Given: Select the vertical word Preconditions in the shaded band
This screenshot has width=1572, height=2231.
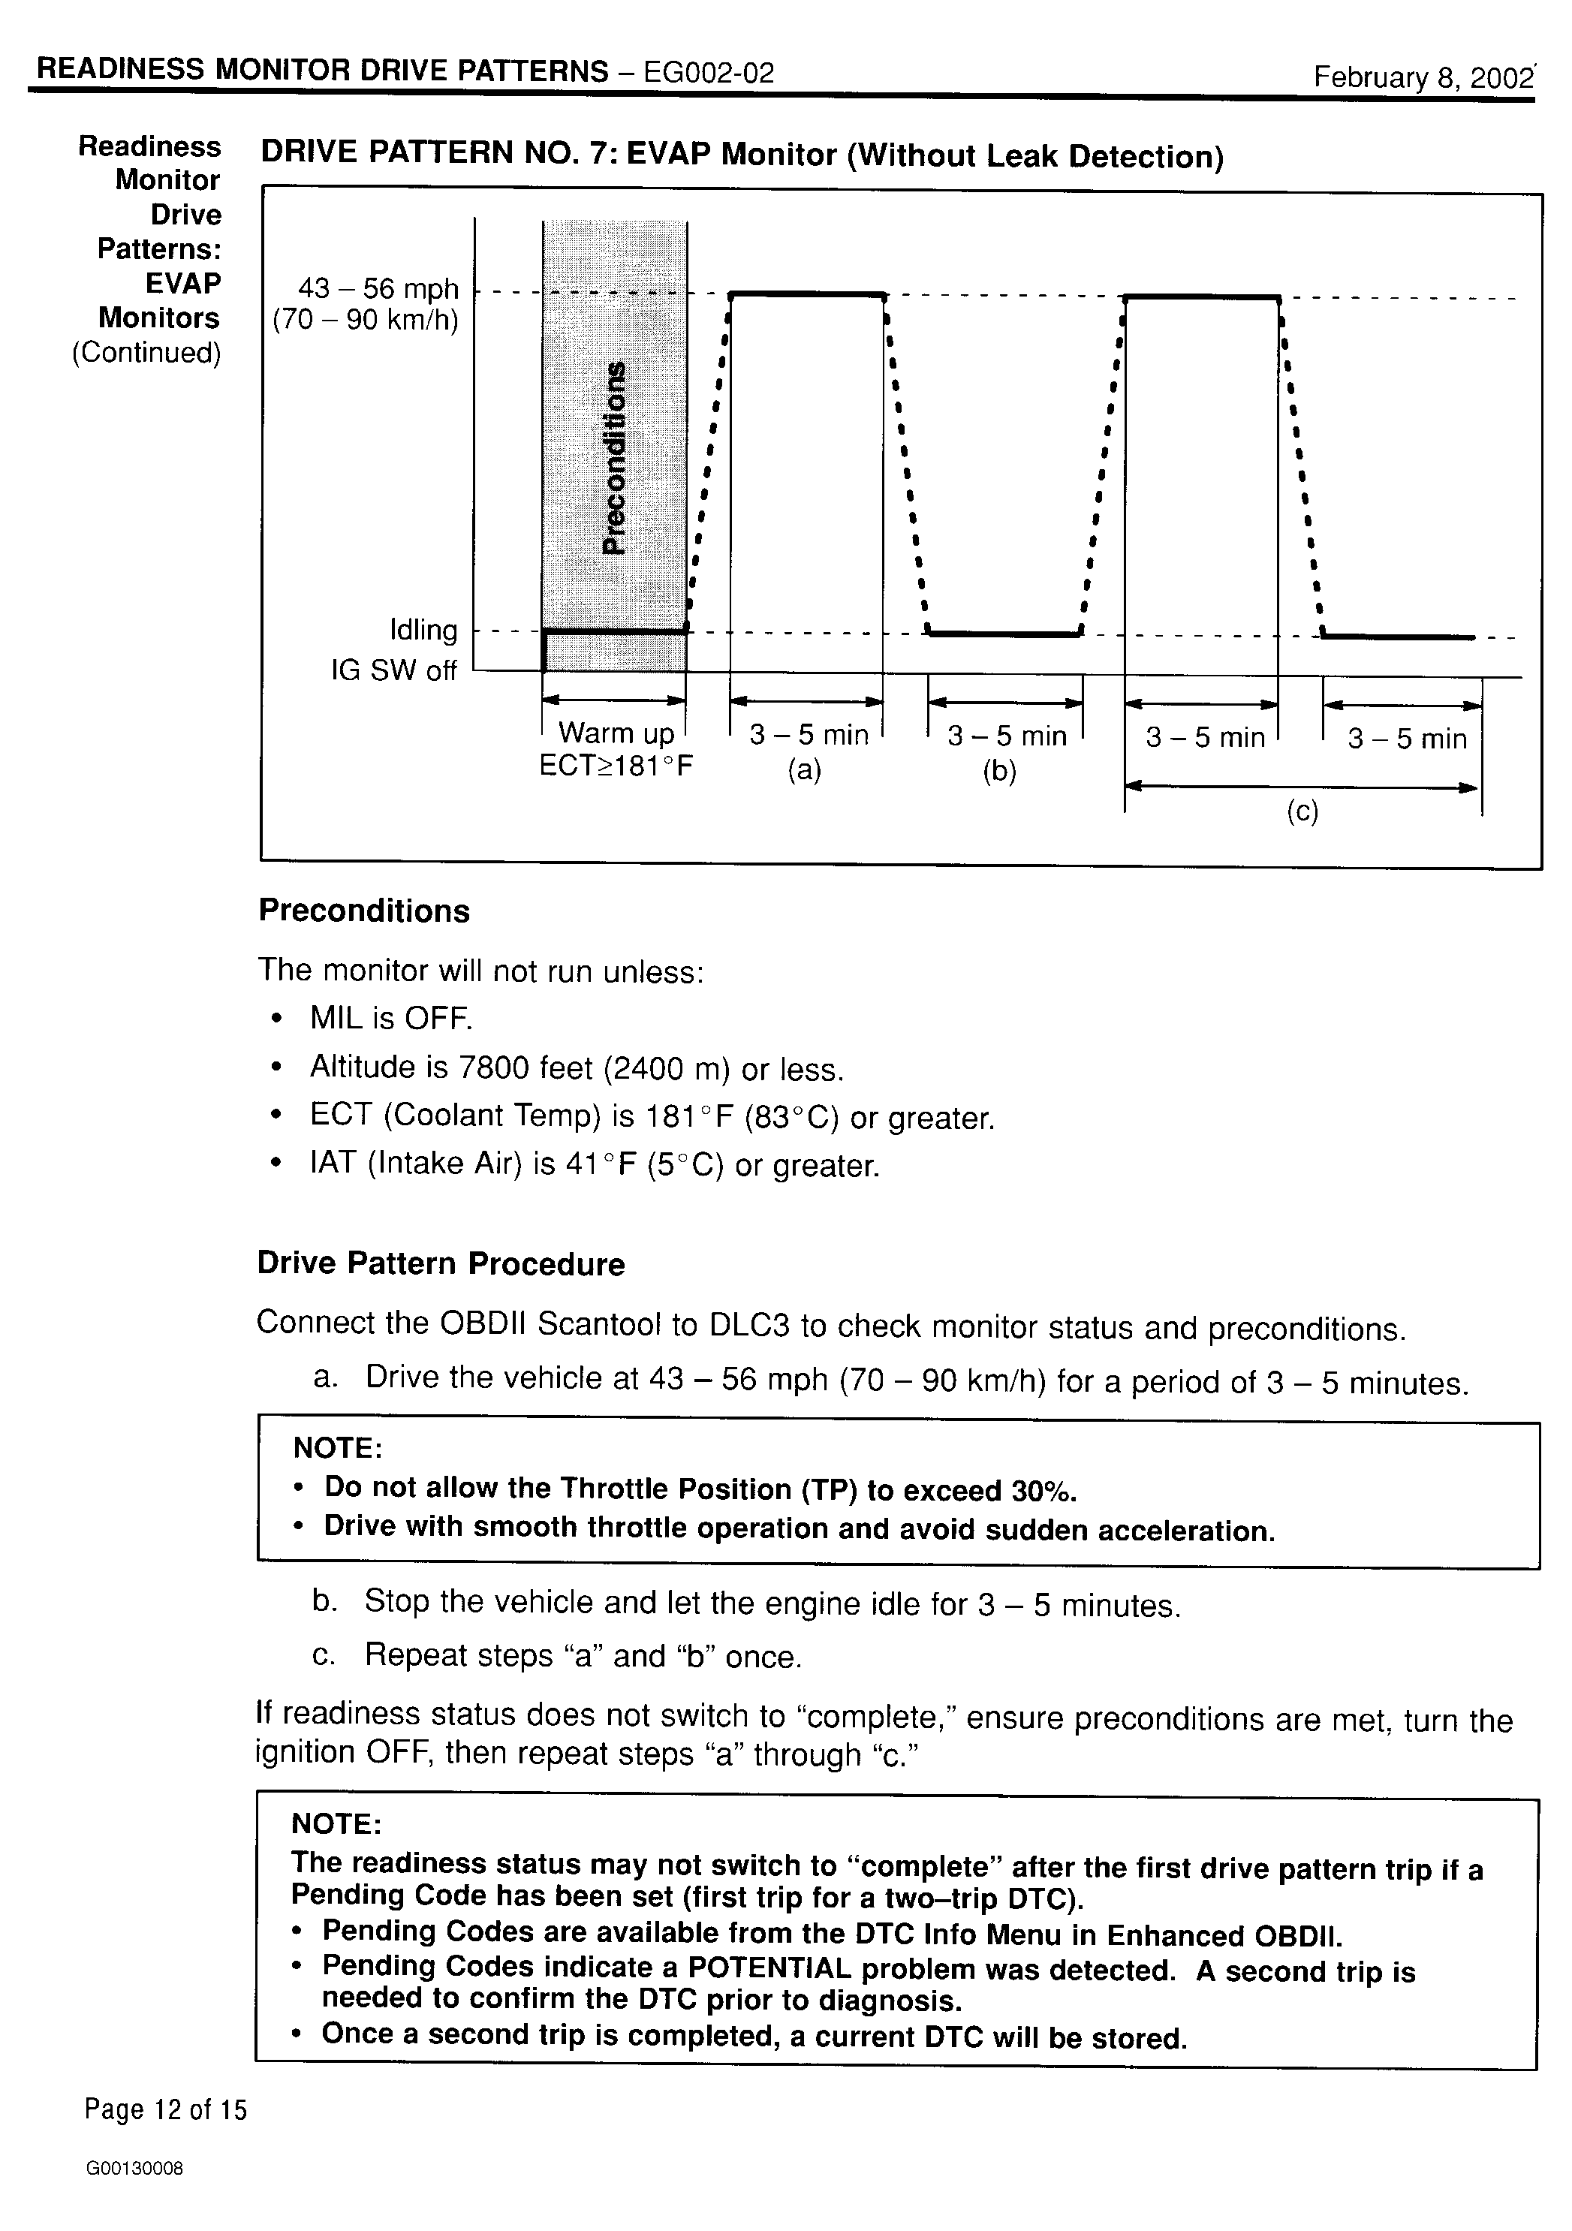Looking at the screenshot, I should [615, 456].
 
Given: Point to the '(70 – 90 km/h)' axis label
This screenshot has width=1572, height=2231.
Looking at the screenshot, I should [366, 320].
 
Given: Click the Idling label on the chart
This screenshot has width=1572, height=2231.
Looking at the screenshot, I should [423, 631].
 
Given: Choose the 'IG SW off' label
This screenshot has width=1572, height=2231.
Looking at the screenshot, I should [393, 670].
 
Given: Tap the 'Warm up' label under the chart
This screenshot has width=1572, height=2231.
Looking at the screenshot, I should [616, 733].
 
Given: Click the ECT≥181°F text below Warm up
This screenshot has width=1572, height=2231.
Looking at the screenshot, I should [616, 766].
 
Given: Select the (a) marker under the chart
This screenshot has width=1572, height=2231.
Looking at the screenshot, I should [805, 770].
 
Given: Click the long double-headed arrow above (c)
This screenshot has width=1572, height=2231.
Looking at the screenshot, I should [1302, 786].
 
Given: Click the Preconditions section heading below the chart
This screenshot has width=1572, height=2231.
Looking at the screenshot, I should [364, 911].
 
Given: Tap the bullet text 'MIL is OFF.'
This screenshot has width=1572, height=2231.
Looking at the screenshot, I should [390, 1019].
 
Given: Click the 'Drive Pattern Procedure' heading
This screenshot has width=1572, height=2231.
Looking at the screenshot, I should [441, 1263].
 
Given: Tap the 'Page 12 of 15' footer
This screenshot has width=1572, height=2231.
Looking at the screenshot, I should [165, 2109].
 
